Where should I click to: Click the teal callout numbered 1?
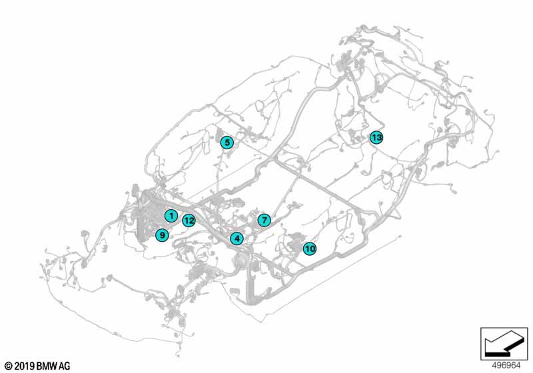[x=171, y=216]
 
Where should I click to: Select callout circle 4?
[x=237, y=238]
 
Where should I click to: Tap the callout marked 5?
[x=227, y=142]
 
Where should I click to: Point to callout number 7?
[x=264, y=220]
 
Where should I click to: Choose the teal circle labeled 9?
[x=161, y=234]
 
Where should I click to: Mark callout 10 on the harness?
[x=309, y=249]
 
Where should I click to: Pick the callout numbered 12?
[x=189, y=220]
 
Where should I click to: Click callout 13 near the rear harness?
[x=376, y=138]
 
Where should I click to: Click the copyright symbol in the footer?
[x=8, y=366]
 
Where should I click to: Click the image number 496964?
[x=506, y=366]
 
